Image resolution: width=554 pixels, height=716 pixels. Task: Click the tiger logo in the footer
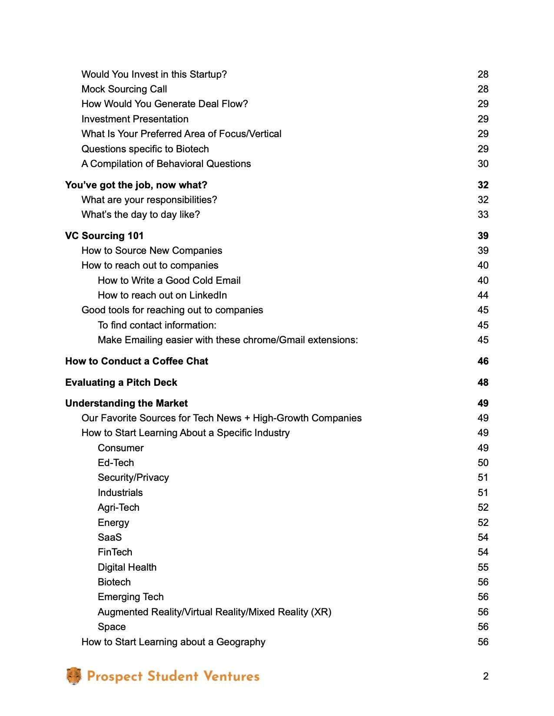[74, 676]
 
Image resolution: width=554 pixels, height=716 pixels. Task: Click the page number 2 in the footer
[485, 676]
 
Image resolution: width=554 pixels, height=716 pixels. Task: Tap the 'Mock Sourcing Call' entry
[124, 89]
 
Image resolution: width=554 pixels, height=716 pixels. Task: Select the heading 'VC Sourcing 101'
[104, 236]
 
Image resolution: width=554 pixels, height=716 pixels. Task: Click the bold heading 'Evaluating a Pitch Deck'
[121, 382]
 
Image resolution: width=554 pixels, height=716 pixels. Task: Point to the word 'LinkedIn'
[208, 295]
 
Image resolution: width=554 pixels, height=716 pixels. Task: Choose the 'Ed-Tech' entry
[116, 463]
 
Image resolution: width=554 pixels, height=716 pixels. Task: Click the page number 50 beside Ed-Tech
[483, 463]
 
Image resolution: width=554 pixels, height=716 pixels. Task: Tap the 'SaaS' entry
[109, 537]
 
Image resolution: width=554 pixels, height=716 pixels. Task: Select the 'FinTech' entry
[115, 552]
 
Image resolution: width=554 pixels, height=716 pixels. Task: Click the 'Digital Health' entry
[127, 567]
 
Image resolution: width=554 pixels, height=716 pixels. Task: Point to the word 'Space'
[112, 627]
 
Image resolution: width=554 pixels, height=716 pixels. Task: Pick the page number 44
[483, 295]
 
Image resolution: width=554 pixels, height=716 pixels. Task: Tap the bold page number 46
[483, 361]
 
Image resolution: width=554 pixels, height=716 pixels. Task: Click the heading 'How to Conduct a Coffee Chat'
[136, 361]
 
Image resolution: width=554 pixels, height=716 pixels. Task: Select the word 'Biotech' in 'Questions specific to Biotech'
[192, 149]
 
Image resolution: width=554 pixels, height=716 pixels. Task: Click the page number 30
[483, 164]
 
